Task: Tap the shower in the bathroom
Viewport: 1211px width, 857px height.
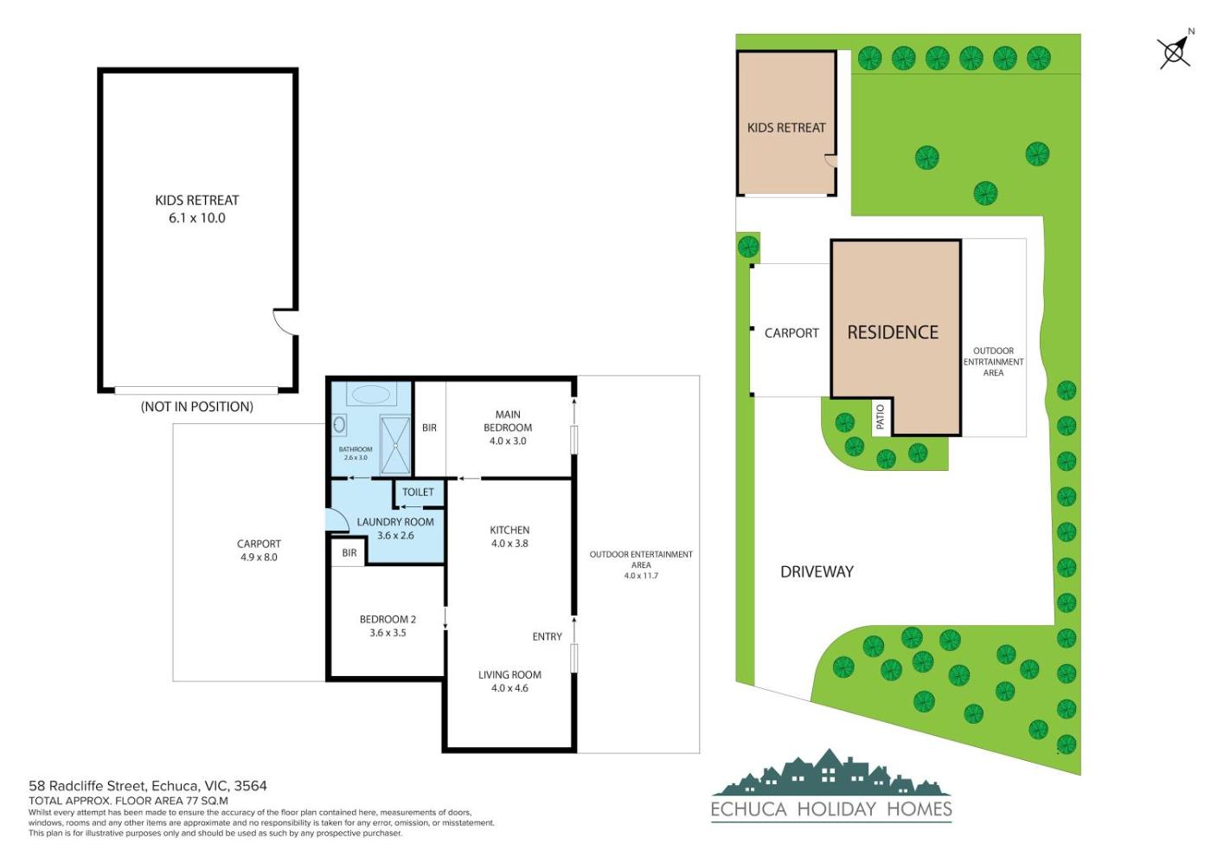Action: (x=395, y=445)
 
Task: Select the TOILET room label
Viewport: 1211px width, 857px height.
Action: (x=418, y=492)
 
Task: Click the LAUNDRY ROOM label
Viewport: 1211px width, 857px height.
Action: (x=395, y=522)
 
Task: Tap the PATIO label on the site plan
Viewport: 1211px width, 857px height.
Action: (x=881, y=416)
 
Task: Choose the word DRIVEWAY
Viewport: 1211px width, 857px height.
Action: (x=817, y=572)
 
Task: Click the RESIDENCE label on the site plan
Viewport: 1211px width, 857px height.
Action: (x=893, y=332)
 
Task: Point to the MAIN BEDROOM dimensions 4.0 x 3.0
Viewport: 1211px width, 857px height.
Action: (x=508, y=441)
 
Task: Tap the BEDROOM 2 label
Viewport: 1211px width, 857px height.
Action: (x=388, y=620)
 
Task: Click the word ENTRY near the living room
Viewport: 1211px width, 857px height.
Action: (x=547, y=637)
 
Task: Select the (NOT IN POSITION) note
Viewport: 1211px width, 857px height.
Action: (x=197, y=407)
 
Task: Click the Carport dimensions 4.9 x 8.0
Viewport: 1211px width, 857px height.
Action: (x=259, y=557)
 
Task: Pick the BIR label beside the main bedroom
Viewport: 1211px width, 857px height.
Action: (x=429, y=428)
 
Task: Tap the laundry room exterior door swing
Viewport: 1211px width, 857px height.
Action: (x=336, y=521)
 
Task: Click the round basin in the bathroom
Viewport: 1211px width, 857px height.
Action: (x=339, y=424)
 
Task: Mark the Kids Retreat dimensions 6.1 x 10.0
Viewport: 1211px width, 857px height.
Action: (x=197, y=218)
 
